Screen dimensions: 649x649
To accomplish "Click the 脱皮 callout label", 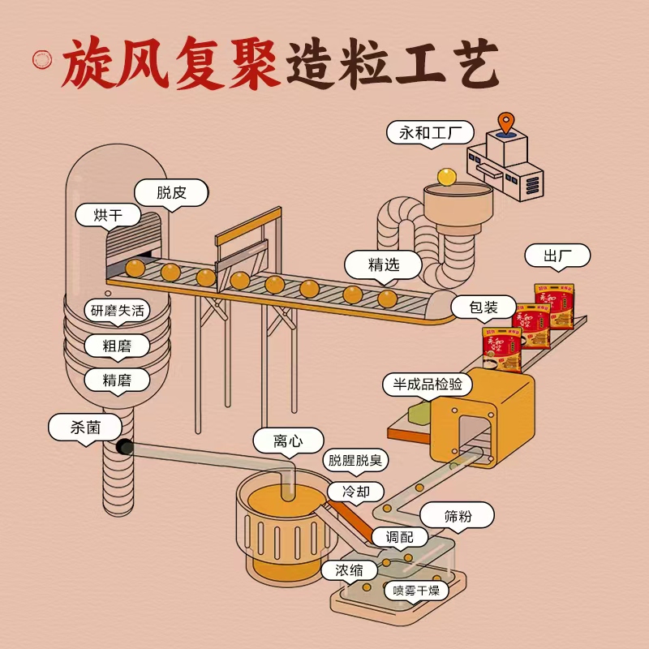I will (171, 193).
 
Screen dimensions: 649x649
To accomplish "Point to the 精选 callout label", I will (384, 264).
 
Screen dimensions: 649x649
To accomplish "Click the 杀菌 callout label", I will (85, 427).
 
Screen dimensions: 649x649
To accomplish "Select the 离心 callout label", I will (288, 441).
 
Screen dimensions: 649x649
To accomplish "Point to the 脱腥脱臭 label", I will (355, 461).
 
